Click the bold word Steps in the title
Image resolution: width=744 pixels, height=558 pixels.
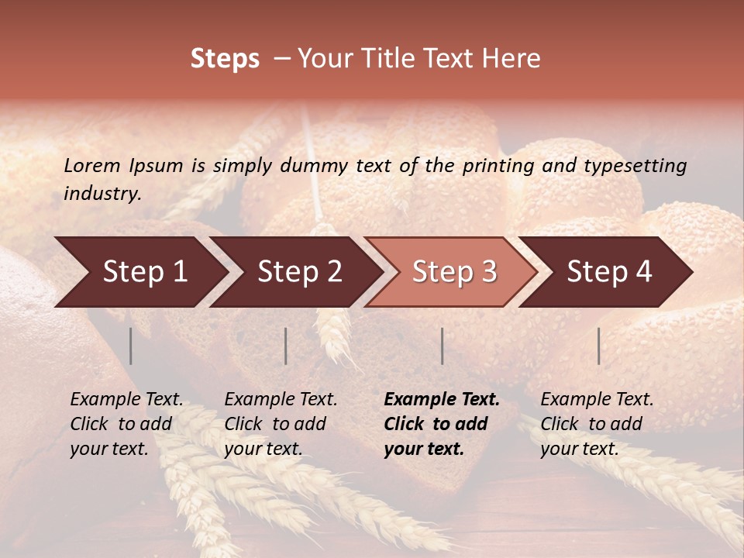(x=225, y=59)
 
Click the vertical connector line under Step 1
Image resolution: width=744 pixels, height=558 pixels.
(x=131, y=346)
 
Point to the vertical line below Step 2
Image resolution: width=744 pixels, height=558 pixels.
(x=286, y=346)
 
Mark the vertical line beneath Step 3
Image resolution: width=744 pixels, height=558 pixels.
(x=442, y=346)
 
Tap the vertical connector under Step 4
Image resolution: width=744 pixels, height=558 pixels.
(x=598, y=346)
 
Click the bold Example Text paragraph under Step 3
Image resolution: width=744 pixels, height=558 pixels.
(x=442, y=424)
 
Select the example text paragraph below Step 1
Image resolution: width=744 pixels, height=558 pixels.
(x=126, y=424)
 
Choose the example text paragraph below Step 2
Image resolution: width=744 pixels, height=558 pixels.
(x=281, y=424)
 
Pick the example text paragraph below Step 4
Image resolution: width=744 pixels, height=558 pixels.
(x=597, y=424)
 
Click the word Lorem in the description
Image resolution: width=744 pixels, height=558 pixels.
(x=92, y=165)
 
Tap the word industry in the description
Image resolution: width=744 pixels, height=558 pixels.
(x=102, y=193)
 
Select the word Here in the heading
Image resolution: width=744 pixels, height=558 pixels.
(x=512, y=59)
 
